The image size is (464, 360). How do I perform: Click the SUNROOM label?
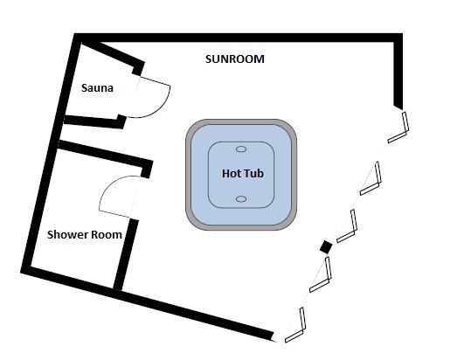click(235, 59)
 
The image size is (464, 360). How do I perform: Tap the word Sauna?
click(97, 88)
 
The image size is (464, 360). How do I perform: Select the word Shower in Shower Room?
click(67, 234)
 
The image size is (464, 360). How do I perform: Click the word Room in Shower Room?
click(107, 234)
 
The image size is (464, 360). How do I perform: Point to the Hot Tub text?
click(243, 173)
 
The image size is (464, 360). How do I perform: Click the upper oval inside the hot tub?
click(241, 149)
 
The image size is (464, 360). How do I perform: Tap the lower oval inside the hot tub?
click(241, 199)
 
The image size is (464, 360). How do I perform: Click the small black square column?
click(326, 247)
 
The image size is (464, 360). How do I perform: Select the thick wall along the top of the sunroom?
click(239, 38)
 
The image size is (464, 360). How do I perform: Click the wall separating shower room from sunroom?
click(126, 254)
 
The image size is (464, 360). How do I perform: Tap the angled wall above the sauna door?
click(114, 54)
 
